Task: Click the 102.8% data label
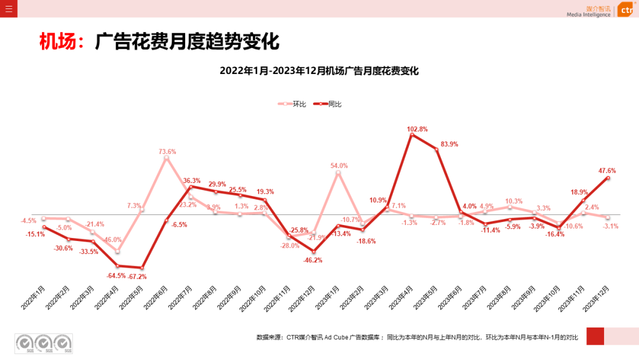coord(417,129)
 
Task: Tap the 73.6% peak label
coord(167,152)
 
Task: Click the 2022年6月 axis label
coord(156,297)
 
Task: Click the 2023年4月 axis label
coord(401,297)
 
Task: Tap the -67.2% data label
coord(137,277)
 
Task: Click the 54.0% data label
coord(339,166)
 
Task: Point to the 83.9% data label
coord(449,144)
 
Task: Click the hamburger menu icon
coord(8,8)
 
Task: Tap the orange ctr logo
coord(626,10)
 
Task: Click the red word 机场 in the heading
coord(58,42)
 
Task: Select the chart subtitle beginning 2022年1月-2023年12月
coord(319,71)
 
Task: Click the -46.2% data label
coord(312,261)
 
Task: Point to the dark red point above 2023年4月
coord(412,134)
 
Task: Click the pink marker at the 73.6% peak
coord(166,158)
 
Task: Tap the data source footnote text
coord(417,337)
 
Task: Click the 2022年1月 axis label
coord(34,297)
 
